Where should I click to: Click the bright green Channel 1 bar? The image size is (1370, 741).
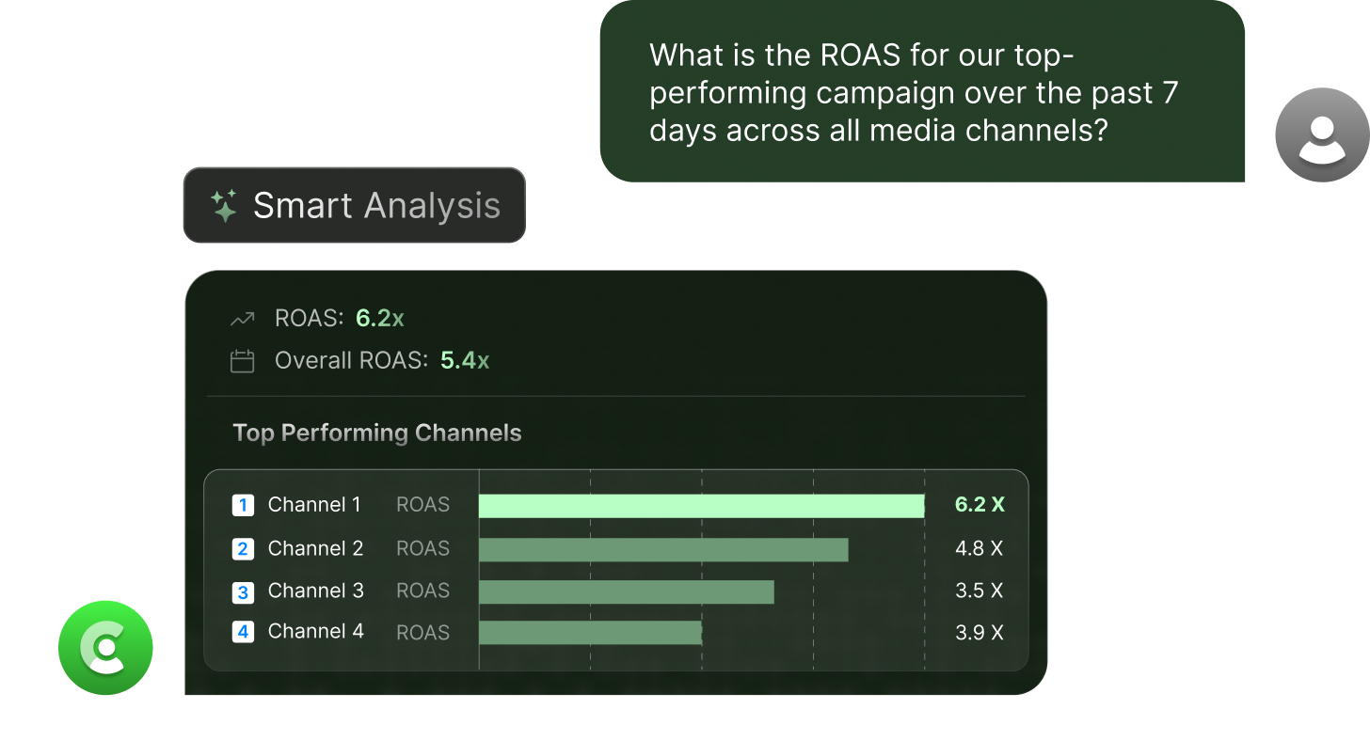(x=701, y=506)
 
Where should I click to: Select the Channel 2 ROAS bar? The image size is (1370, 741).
(x=663, y=549)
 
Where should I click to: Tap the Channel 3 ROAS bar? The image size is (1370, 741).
(x=626, y=591)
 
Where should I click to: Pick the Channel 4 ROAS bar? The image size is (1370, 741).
(x=590, y=632)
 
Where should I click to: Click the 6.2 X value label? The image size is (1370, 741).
(x=980, y=505)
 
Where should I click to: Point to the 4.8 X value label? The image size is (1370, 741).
(x=980, y=548)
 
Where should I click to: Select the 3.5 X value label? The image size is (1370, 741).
(x=980, y=591)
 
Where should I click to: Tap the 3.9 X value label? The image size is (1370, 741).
(x=980, y=633)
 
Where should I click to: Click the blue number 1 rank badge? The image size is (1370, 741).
(x=243, y=506)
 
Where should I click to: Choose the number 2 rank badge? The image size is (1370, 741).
(x=243, y=549)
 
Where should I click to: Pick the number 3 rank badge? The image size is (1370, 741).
(x=243, y=592)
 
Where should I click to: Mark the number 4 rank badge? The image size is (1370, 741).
(x=243, y=632)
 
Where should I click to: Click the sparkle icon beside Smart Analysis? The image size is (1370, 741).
(x=224, y=205)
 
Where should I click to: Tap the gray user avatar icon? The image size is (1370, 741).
(x=1322, y=134)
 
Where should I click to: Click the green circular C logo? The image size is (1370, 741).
(x=105, y=647)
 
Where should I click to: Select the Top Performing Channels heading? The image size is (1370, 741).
(x=376, y=433)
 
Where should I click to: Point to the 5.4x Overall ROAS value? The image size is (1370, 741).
(x=465, y=360)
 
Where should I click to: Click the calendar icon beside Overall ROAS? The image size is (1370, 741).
(x=243, y=361)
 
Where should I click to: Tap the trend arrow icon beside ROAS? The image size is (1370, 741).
(x=243, y=320)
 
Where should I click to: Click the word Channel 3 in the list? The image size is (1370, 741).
(x=315, y=591)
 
